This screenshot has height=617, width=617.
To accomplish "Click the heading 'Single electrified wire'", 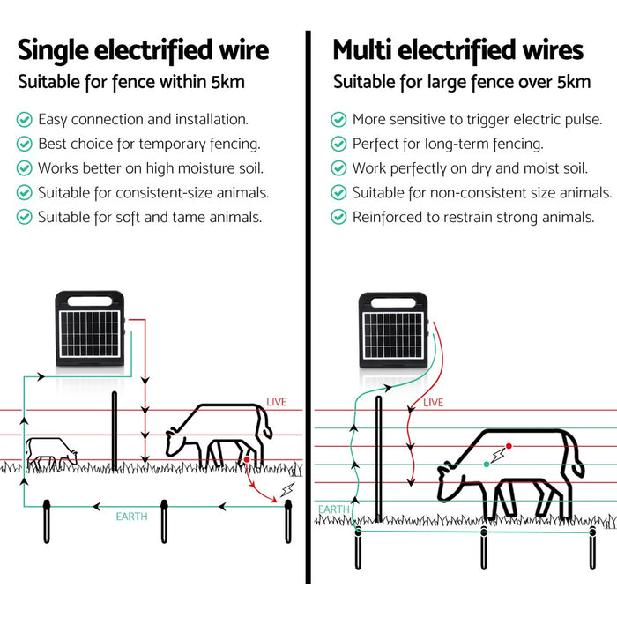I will click(x=144, y=49).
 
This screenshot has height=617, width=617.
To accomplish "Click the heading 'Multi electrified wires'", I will click(x=457, y=49).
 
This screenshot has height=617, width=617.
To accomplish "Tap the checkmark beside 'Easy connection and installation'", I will click(x=24, y=118).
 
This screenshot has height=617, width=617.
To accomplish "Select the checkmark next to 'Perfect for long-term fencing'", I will click(x=338, y=143).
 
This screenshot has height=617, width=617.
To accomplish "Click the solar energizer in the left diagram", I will click(x=91, y=328).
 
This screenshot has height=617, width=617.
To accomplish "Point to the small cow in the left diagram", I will click(x=49, y=451).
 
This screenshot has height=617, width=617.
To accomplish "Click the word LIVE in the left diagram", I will click(x=277, y=402).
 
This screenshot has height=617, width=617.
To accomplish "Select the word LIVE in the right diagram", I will click(x=434, y=403).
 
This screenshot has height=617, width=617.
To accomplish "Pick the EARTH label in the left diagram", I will click(x=132, y=516).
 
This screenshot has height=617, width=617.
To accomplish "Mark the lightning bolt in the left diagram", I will click(x=285, y=489).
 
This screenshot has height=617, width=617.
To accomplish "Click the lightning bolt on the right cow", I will click(x=501, y=453).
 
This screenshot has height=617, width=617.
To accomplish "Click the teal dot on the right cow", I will click(x=486, y=463).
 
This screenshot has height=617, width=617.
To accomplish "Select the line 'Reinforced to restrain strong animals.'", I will click(x=473, y=217).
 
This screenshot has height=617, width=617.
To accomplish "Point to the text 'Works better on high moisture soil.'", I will click(x=150, y=167).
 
